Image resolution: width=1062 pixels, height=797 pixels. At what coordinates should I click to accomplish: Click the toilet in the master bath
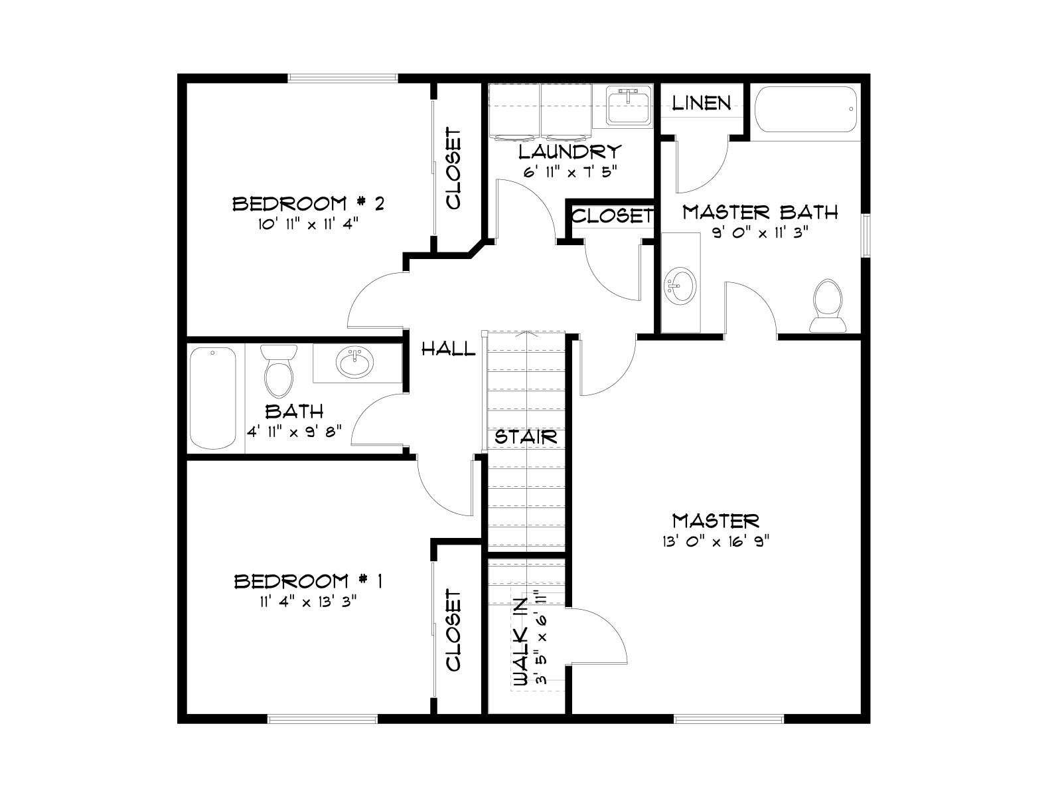tap(827, 306)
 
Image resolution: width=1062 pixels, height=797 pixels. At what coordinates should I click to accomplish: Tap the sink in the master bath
tap(680, 286)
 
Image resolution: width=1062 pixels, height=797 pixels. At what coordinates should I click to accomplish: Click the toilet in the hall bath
tap(279, 370)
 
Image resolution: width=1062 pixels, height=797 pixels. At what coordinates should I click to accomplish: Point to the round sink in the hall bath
tap(354, 363)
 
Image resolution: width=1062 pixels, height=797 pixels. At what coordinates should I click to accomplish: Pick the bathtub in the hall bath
tap(213, 398)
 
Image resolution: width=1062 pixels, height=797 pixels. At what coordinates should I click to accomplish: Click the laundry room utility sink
tap(629, 105)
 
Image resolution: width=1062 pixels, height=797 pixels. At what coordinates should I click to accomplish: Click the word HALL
tap(448, 349)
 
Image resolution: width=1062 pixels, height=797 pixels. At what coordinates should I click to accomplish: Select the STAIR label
tap(526, 437)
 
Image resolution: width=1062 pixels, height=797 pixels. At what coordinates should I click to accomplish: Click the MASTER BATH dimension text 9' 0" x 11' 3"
tap(760, 233)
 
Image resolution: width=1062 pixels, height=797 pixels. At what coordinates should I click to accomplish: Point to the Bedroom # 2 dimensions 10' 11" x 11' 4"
tap(309, 224)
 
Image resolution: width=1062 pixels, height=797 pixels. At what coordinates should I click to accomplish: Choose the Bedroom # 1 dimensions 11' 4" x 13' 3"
tap(308, 602)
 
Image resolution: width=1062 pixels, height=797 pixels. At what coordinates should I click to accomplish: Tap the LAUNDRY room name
tap(569, 152)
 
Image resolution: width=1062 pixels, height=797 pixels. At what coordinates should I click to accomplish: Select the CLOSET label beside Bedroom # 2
tap(453, 169)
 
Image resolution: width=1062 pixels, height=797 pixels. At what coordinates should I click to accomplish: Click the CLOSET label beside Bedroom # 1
tap(453, 630)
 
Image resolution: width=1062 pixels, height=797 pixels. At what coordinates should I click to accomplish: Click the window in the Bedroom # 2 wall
tap(342, 78)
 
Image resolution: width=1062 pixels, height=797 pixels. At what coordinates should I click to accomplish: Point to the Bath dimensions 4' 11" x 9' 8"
tap(295, 430)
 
